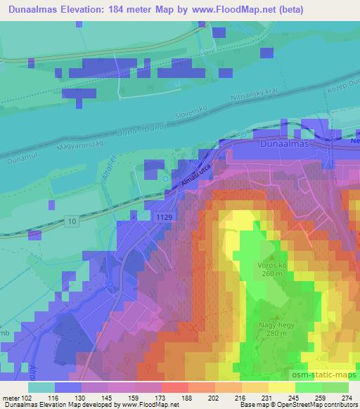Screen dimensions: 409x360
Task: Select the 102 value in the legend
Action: (27, 398)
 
